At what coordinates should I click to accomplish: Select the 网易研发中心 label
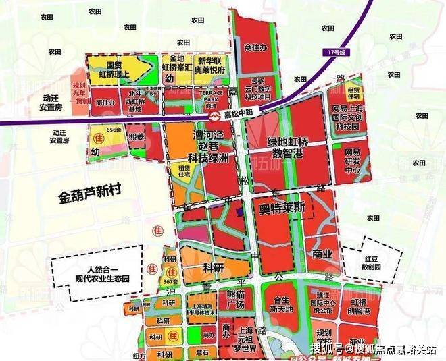[x=355, y=161]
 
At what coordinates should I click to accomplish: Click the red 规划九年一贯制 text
[x=80, y=90]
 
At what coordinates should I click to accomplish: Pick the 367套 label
[x=170, y=281]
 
